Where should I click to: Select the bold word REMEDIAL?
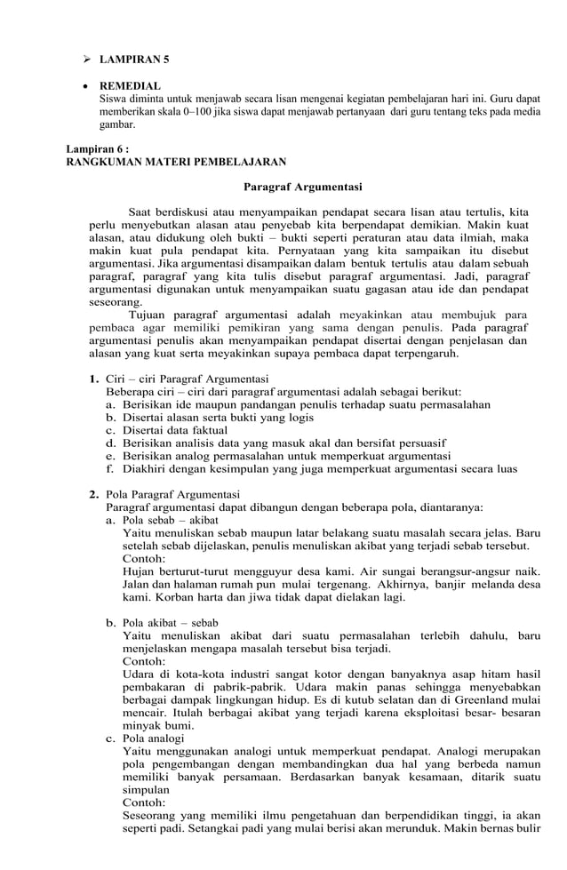[x=130, y=85]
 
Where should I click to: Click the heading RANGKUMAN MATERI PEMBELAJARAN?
[x=177, y=162]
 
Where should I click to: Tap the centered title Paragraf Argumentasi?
[x=302, y=187]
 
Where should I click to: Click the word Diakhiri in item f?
[x=146, y=468]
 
